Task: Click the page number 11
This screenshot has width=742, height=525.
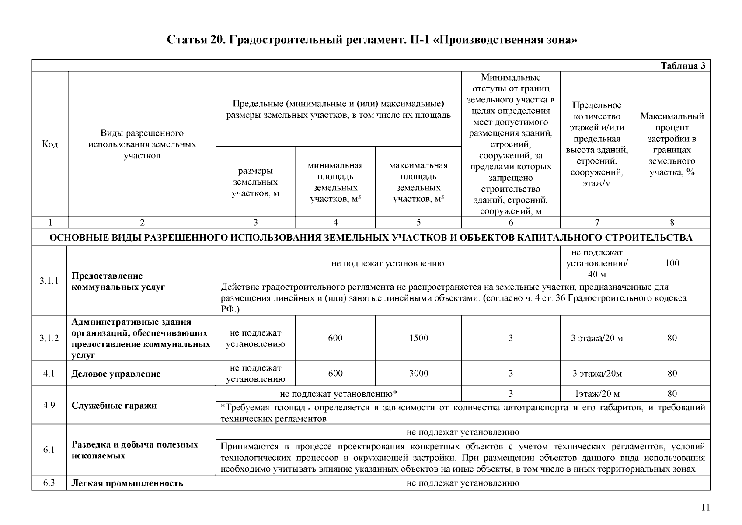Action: pyautogui.click(x=705, y=507)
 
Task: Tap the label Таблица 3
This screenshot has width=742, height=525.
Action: pyautogui.click(x=683, y=66)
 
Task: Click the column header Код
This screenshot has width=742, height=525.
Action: pyautogui.click(x=50, y=144)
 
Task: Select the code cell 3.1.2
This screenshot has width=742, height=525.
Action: pyautogui.click(x=49, y=338)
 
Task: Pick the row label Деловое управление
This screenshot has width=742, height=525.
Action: pyautogui.click(x=116, y=374)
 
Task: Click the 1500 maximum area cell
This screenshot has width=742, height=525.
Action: pyautogui.click(x=418, y=338)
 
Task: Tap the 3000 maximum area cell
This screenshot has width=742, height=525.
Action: pyautogui.click(x=418, y=374)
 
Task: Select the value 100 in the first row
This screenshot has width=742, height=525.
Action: pyautogui.click(x=672, y=263)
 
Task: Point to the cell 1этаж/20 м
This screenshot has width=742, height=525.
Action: pyautogui.click(x=597, y=394)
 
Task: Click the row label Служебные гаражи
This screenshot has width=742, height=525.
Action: pyautogui.click(x=114, y=406)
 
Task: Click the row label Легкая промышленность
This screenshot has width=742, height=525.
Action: pyautogui.click(x=127, y=484)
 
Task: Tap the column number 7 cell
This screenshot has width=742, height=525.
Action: pyautogui.click(x=597, y=223)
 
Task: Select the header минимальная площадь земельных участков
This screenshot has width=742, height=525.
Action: pyautogui.click(x=335, y=182)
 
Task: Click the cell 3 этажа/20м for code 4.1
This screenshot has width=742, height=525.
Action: pyautogui.click(x=597, y=374)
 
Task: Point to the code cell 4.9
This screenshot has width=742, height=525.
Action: pyautogui.click(x=49, y=405)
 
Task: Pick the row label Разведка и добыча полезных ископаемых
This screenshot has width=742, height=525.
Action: pyautogui.click(x=135, y=450)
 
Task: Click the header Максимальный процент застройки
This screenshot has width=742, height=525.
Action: pyautogui.click(x=672, y=144)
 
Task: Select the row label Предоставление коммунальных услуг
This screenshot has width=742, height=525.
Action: pyautogui.click(x=118, y=281)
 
